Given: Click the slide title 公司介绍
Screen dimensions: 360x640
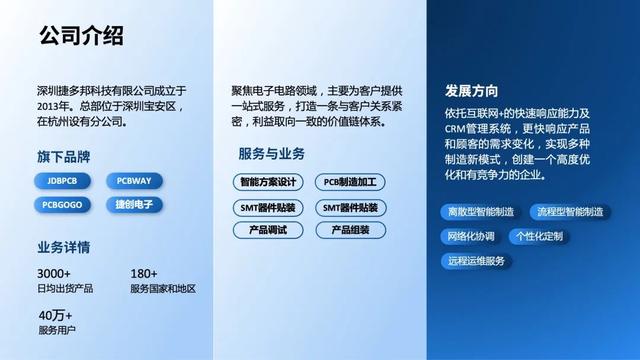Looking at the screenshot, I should click(81, 37).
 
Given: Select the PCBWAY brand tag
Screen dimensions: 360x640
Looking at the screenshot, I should click(133, 181).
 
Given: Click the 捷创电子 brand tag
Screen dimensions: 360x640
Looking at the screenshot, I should click(133, 204).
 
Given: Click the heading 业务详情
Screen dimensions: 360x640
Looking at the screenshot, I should click(65, 247).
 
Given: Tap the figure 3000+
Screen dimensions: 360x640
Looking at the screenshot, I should click(54, 274).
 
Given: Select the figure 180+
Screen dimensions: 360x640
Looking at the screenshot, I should click(144, 274).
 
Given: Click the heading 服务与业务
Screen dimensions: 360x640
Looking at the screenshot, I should click(272, 155).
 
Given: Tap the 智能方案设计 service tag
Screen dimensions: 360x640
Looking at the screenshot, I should click(268, 183).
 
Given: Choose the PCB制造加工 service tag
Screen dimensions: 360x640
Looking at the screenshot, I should click(350, 183).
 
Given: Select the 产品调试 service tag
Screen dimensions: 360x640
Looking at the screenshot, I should click(268, 230).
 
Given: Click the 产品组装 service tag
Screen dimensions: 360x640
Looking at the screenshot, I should click(350, 230).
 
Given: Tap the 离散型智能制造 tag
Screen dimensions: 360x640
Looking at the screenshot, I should click(481, 212).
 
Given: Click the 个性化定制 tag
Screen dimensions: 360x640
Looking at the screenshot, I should click(539, 237).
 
